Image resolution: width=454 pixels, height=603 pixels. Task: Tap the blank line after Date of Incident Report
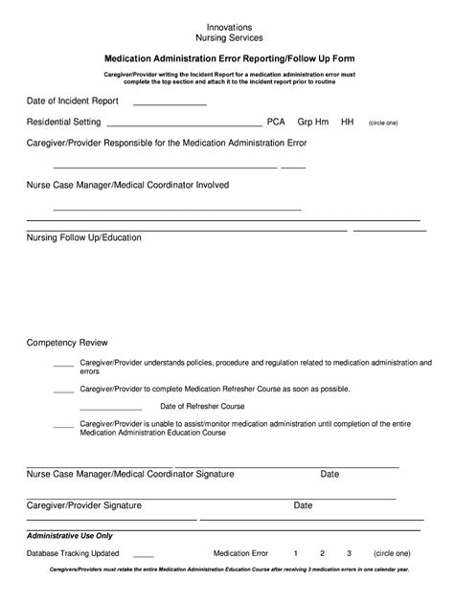tap(170, 103)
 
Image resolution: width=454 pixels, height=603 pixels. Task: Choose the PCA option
tap(276, 123)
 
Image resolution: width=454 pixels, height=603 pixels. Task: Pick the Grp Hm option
tap(312, 123)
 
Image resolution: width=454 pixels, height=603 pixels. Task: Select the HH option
tap(348, 123)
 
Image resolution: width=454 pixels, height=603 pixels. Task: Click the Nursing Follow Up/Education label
tap(83, 237)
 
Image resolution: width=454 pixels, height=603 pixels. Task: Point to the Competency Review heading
tap(67, 342)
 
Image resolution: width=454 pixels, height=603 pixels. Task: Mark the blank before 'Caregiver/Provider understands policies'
tap(63, 366)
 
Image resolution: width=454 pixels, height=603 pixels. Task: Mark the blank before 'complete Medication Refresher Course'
tap(63, 391)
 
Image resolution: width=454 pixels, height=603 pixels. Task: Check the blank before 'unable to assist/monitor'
tap(63, 426)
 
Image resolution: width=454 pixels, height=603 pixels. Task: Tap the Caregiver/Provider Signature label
tap(84, 504)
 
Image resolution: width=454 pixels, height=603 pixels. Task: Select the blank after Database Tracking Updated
tap(144, 555)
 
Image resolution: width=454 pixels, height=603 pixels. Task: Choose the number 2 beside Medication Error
tap(323, 553)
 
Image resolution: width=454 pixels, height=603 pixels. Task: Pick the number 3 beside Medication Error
tap(350, 553)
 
